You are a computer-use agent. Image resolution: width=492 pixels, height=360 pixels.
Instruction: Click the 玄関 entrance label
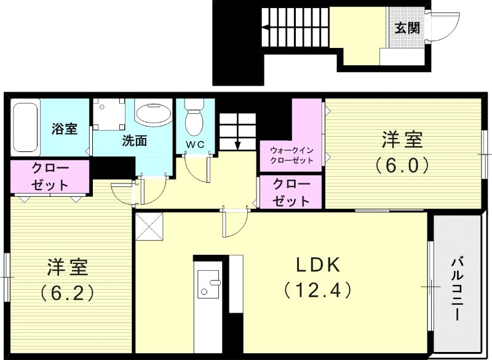tap(407, 28)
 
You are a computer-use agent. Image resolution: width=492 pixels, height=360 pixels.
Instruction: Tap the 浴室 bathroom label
tap(65, 129)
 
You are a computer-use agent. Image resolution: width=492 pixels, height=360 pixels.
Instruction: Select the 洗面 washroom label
tap(134, 140)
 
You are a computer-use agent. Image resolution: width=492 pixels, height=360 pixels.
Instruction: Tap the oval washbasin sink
tap(153, 114)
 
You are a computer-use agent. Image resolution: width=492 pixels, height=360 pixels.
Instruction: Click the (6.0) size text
tap(402, 165)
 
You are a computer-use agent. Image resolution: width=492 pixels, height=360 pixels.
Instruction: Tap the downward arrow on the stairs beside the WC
tap(237, 144)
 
